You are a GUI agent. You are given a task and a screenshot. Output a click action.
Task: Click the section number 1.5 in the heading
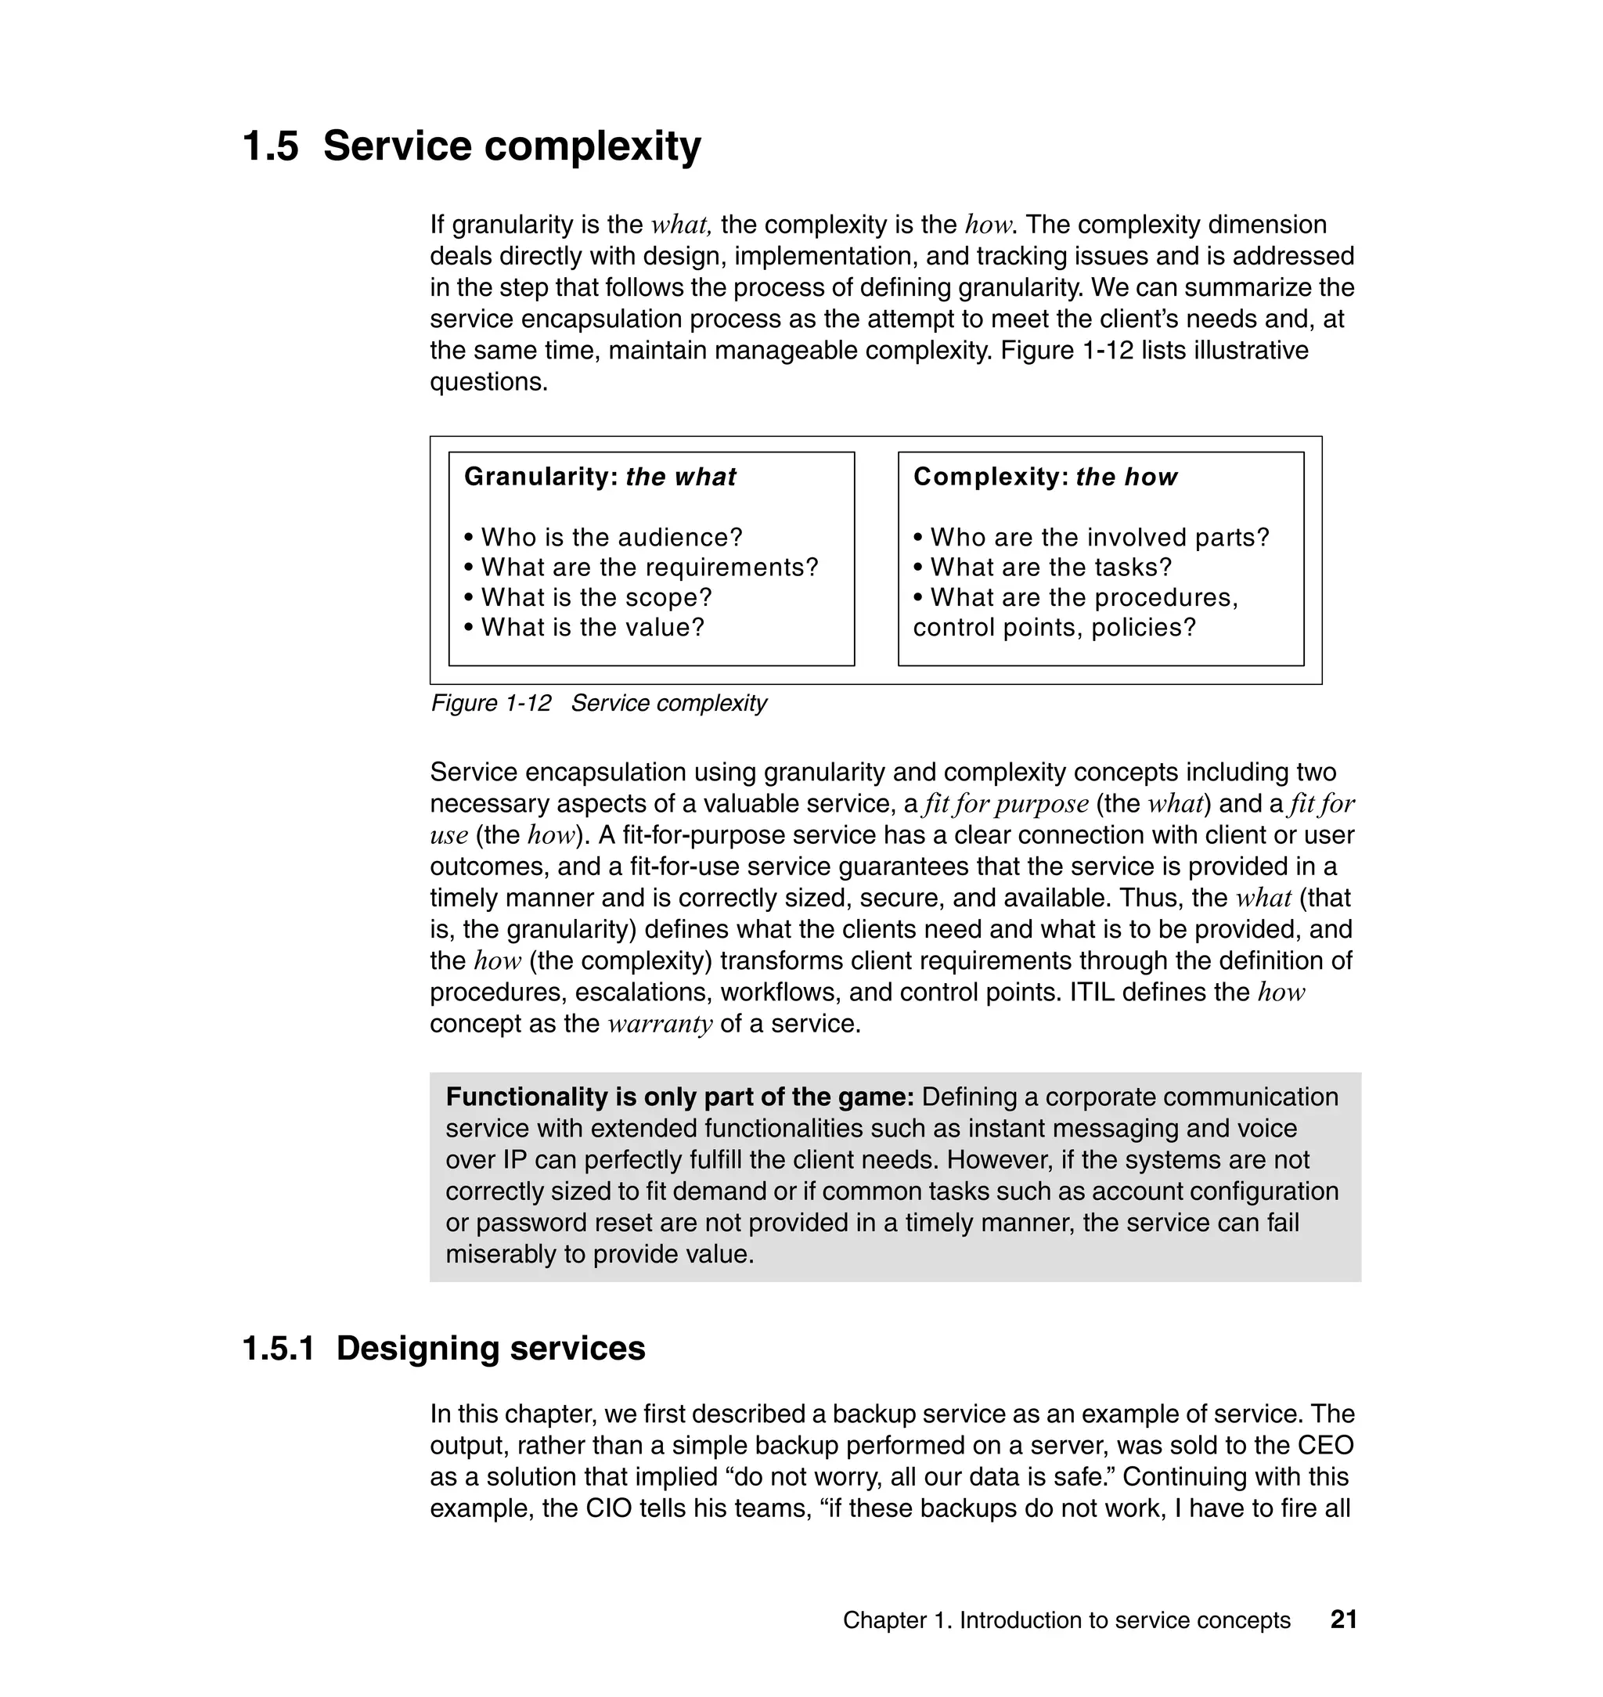coord(271,146)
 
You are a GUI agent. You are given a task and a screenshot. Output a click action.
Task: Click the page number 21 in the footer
coord(1343,1620)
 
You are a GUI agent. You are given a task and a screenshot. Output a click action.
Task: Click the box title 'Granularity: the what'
coord(600,477)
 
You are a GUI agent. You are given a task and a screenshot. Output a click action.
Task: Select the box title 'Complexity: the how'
coord(1045,477)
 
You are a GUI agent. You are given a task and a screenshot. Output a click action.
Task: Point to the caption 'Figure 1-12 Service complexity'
coord(598,703)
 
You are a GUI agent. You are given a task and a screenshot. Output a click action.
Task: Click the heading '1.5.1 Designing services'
coord(444,1349)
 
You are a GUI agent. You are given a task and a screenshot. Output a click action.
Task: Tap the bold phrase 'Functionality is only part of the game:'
coord(679,1097)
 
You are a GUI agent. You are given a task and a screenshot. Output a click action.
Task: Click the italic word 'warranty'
coord(660,1024)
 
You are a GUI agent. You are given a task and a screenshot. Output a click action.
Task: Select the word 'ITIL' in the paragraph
coord(1092,992)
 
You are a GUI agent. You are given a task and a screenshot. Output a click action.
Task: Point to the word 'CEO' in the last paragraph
coord(1325,1446)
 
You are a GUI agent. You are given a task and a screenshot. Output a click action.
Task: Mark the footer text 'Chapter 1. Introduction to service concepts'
coord(1066,1620)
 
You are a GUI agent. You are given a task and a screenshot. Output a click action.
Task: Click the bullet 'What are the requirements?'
coord(650,567)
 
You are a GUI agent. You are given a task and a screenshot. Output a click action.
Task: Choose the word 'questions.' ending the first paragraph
coord(488,382)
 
